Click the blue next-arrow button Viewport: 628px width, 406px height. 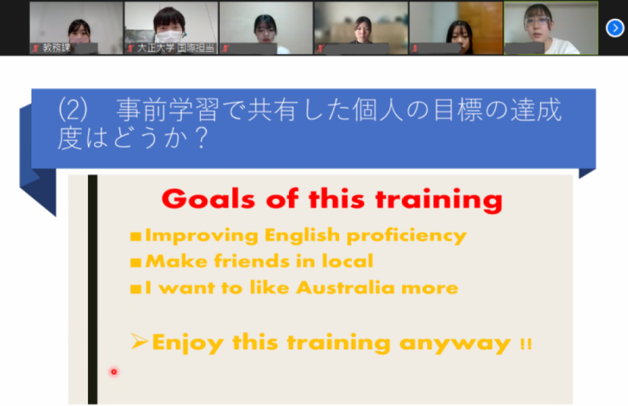point(615,28)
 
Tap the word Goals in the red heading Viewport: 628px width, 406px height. point(208,199)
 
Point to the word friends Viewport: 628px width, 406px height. point(252,261)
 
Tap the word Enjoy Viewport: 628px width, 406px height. point(188,343)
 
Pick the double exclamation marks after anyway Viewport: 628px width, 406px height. point(526,344)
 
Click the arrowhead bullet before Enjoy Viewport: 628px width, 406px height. point(139,341)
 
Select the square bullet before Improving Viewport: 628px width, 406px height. point(136,236)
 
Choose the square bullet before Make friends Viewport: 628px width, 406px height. point(136,262)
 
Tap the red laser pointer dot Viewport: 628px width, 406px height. point(114,372)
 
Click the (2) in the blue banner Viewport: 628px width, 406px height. point(73,109)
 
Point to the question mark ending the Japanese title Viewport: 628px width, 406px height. point(202,138)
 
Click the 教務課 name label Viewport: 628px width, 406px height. point(57,48)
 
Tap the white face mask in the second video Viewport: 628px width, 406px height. point(169,37)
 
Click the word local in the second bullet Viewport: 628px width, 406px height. point(348,261)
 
